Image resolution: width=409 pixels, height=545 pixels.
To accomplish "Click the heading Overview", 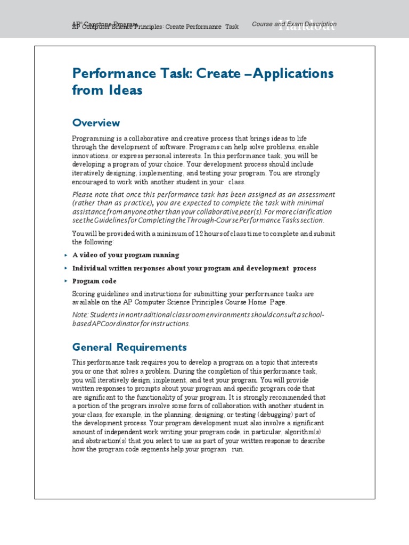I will (x=96, y=123).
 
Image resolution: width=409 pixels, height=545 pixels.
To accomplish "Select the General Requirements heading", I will (x=129, y=348).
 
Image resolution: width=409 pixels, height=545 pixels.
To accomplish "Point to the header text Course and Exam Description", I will (x=294, y=24).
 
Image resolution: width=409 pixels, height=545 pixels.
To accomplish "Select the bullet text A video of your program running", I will (x=126, y=255).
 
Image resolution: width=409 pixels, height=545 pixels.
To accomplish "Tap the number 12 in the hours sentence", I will (x=199, y=234).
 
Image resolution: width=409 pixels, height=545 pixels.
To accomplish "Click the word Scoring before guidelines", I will (x=84, y=294).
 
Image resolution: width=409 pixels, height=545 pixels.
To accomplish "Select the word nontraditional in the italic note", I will (x=133, y=315).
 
